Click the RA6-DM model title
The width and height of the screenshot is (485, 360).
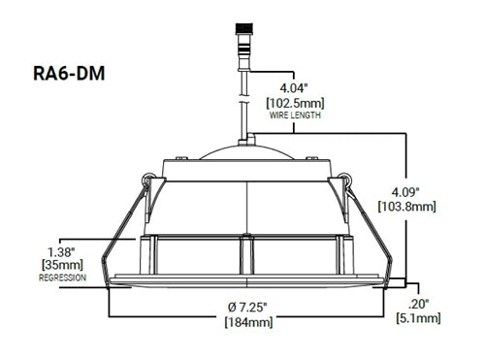69,74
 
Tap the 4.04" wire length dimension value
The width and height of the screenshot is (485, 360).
293,88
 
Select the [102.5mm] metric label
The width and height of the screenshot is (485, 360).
295,104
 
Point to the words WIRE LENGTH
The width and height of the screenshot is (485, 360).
295,115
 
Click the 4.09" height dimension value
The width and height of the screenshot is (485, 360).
405,192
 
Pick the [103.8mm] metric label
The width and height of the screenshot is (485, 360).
406,206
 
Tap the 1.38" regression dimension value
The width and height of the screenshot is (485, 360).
61,252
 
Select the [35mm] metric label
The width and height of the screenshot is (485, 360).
62,265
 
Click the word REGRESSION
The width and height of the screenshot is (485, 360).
62,278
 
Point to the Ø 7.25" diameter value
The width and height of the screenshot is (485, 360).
247,307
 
